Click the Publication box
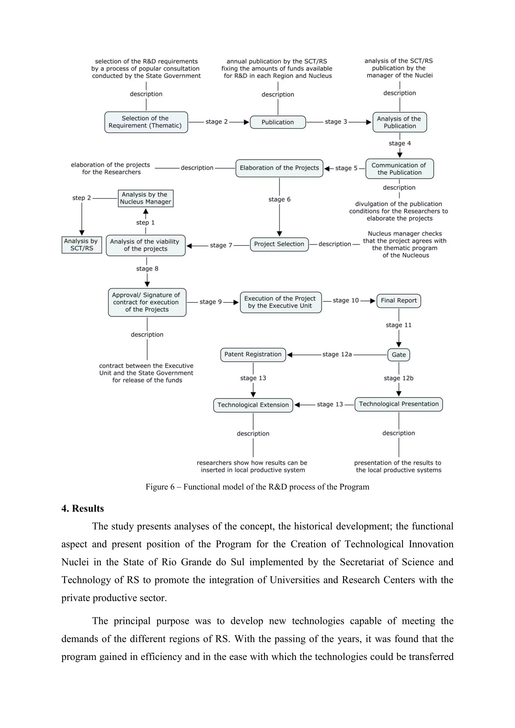(x=278, y=122)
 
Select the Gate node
(x=399, y=355)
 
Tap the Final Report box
(x=399, y=301)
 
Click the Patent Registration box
(x=253, y=355)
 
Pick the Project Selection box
(x=279, y=244)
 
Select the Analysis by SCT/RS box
(x=81, y=245)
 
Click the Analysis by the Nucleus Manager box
(x=145, y=198)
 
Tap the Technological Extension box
(x=253, y=405)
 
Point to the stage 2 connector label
(x=217, y=122)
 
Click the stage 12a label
(x=337, y=355)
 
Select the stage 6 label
(x=279, y=200)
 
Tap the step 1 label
(x=145, y=223)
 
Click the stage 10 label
(x=346, y=300)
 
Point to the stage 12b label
(x=399, y=378)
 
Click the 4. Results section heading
(x=82, y=509)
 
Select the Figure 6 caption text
(x=257, y=487)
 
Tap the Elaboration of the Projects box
(x=279, y=168)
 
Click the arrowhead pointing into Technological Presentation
(x=399, y=394)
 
